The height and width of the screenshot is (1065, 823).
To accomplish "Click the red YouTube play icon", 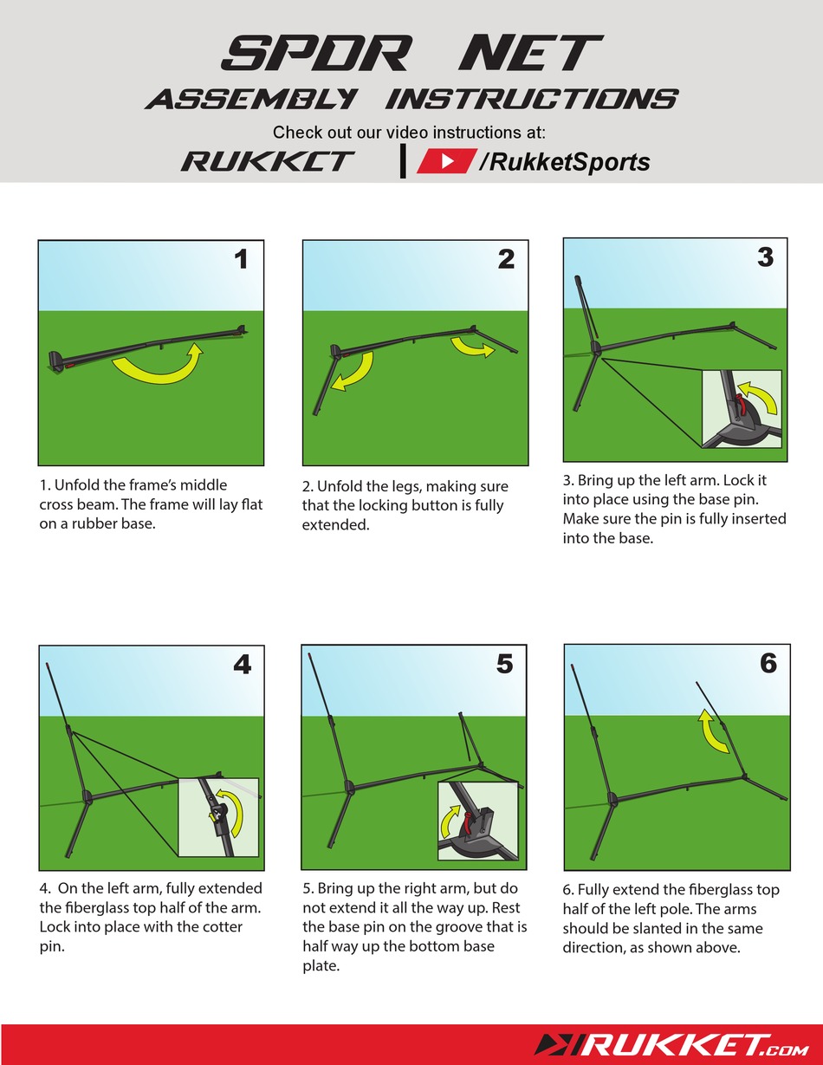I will pyautogui.click(x=445, y=161).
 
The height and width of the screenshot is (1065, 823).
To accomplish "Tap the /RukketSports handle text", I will pyautogui.click(x=564, y=162).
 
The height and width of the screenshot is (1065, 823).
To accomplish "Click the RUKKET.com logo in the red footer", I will pyautogui.click(x=674, y=1045).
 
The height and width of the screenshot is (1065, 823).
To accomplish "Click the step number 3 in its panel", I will pyautogui.click(x=764, y=257).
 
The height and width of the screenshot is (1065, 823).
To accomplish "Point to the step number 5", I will pyautogui.click(x=504, y=664).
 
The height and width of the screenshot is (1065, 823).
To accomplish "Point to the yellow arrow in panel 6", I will pyautogui.click(x=712, y=731).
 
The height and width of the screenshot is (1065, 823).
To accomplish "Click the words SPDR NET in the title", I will pyautogui.click(x=411, y=54).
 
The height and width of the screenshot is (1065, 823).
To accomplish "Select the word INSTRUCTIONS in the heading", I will pyautogui.click(x=530, y=100).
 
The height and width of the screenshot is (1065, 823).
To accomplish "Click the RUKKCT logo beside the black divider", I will pyautogui.click(x=268, y=161).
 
